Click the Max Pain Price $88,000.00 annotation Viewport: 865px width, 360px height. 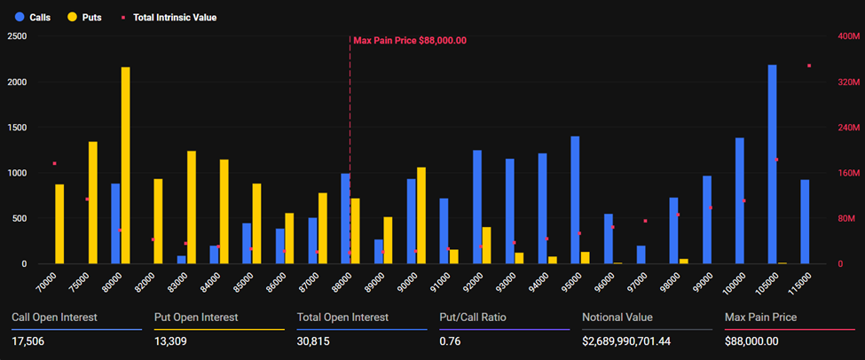pyautogui.click(x=409, y=40)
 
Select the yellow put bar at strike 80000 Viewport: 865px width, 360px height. pyautogui.click(x=125, y=165)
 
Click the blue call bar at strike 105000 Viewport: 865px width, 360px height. pyautogui.click(x=772, y=164)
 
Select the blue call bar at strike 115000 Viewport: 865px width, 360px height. pyautogui.click(x=805, y=222)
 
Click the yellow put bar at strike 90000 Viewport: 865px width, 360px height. pyautogui.click(x=421, y=215)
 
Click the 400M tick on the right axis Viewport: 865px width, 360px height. pyautogui.click(x=847, y=36)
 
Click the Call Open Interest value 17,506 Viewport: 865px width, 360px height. pyautogui.click(x=29, y=341)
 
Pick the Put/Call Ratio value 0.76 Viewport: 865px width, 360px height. pyautogui.click(x=450, y=341)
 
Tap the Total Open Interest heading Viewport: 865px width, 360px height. pyautogui.click(x=342, y=317)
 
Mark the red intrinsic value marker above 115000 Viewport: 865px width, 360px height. pyautogui.click(x=808, y=66)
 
